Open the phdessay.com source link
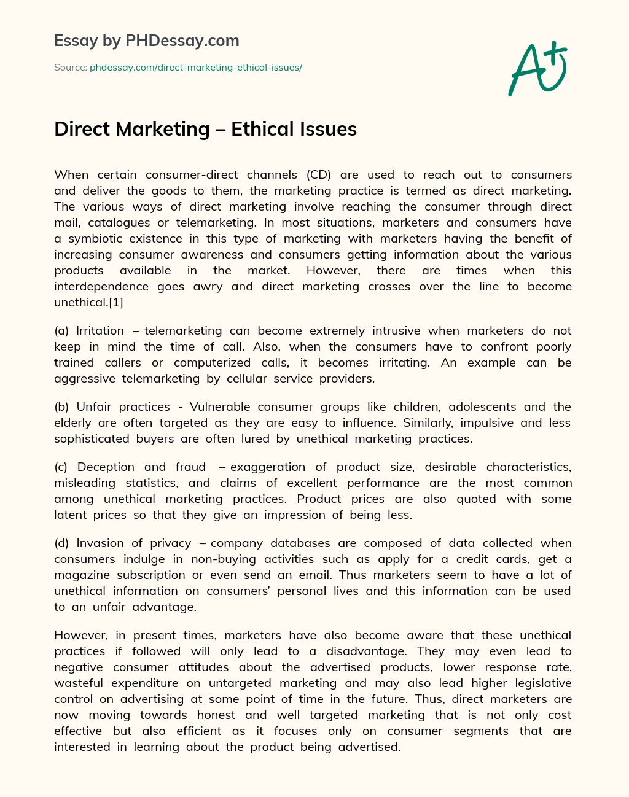point(196,68)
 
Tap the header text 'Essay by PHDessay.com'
point(147,41)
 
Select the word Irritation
point(100,330)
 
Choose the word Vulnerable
point(220,406)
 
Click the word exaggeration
point(268,467)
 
